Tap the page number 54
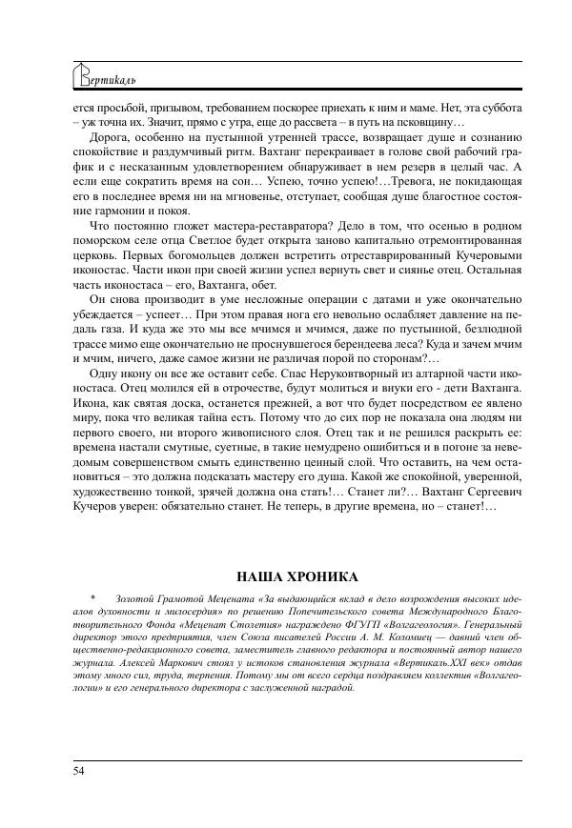click(x=77, y=770)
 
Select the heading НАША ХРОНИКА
click(x=296, y=576)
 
